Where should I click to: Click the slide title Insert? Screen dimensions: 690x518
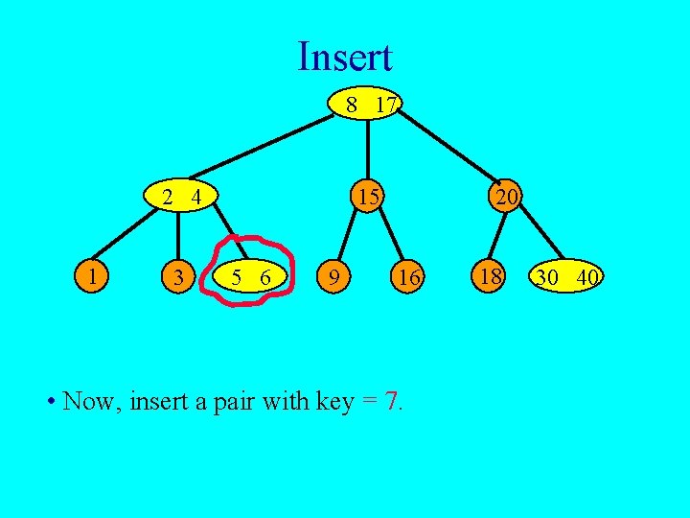345,57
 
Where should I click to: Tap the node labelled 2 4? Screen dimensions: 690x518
180,198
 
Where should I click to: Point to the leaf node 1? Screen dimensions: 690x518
92,277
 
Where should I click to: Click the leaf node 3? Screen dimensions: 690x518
176,278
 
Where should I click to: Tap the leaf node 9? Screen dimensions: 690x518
333,278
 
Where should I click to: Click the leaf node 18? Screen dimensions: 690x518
492,277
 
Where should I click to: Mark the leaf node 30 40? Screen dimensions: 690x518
567,277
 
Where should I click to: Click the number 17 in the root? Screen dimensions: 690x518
385,104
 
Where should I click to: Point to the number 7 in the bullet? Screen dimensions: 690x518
392,400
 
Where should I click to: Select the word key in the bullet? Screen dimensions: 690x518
334,401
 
